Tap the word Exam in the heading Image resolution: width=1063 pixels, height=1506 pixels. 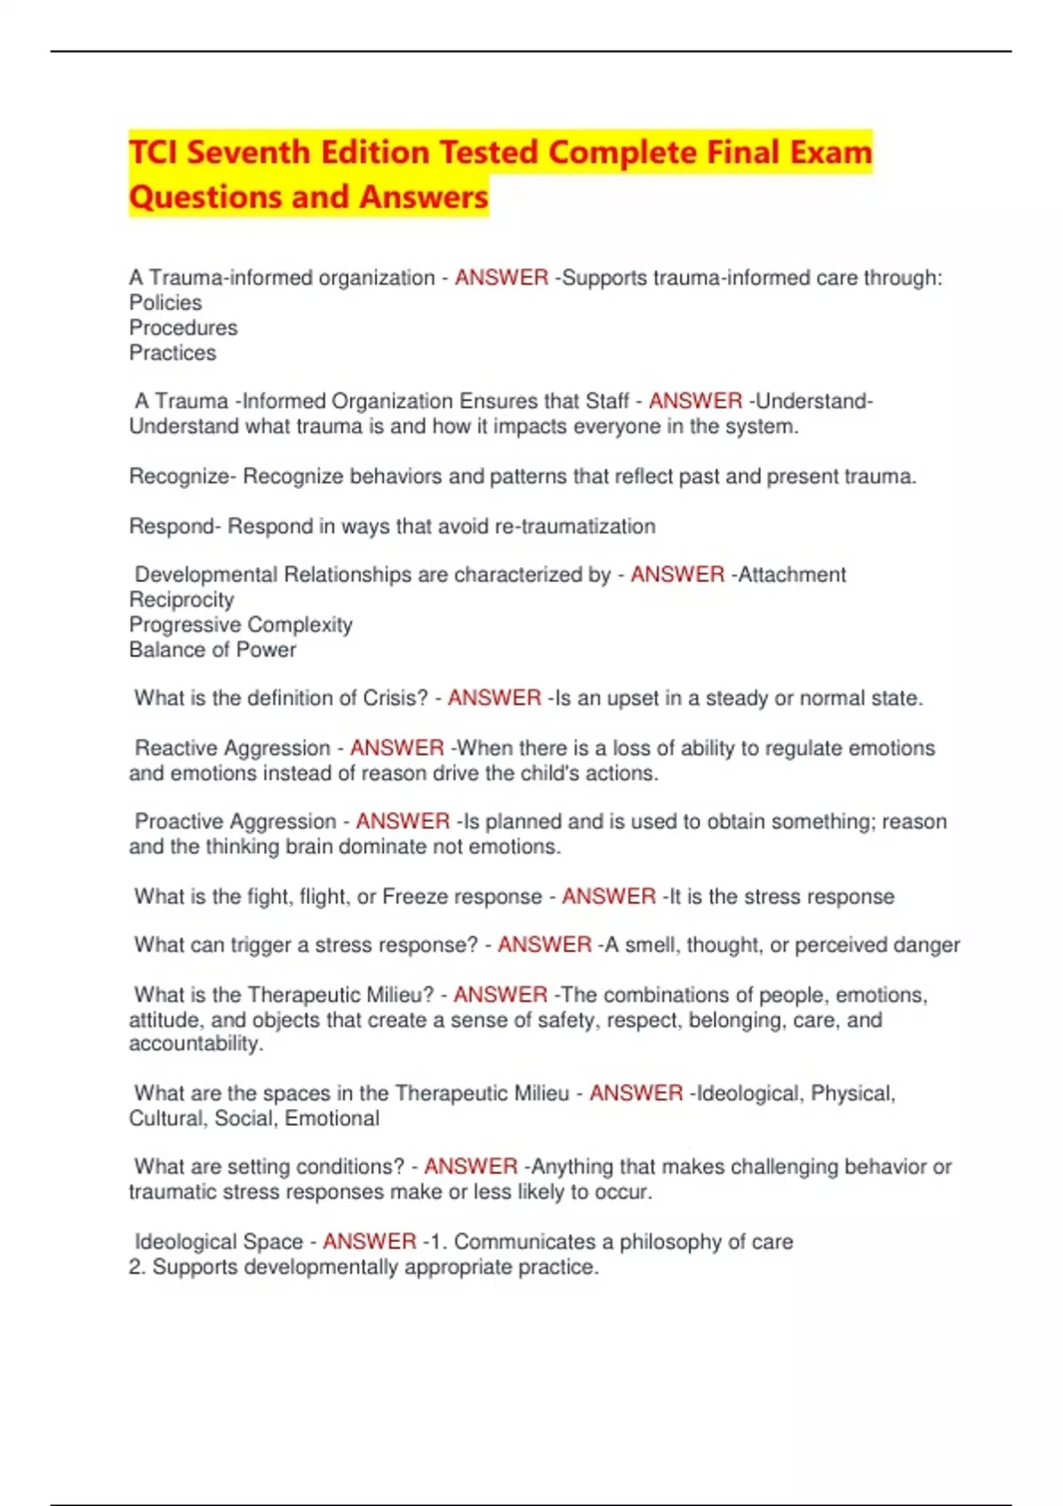831,152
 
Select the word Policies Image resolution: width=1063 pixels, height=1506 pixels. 166,303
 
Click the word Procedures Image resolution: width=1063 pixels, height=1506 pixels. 183,328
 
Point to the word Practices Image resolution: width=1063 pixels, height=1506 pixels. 173,353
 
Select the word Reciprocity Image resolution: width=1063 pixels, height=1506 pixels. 182,600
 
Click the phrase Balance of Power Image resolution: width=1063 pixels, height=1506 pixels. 213,649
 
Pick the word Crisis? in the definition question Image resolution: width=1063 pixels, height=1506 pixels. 395,698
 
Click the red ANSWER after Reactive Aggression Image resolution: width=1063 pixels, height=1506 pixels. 397,748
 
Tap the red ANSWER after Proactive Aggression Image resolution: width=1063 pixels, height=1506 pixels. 403,821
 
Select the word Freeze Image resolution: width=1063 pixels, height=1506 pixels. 415,897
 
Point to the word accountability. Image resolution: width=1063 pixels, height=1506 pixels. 195,1044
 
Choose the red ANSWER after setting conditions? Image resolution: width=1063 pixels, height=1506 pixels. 470,1167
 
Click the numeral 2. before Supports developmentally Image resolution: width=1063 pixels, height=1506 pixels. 136,1267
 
